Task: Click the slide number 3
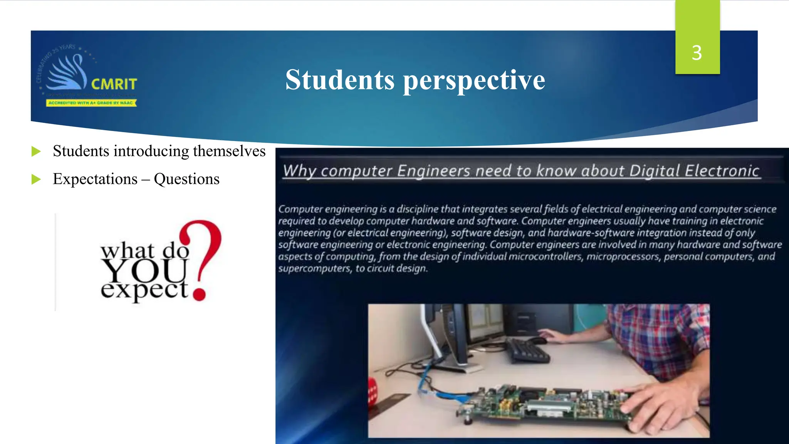697,53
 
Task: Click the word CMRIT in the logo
114,84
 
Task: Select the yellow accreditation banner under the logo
91,103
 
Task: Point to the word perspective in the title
474,81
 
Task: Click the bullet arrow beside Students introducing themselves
36,151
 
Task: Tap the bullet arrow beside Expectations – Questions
36,179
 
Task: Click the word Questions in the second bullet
186,179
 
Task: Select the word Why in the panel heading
299,171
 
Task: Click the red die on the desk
372,391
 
